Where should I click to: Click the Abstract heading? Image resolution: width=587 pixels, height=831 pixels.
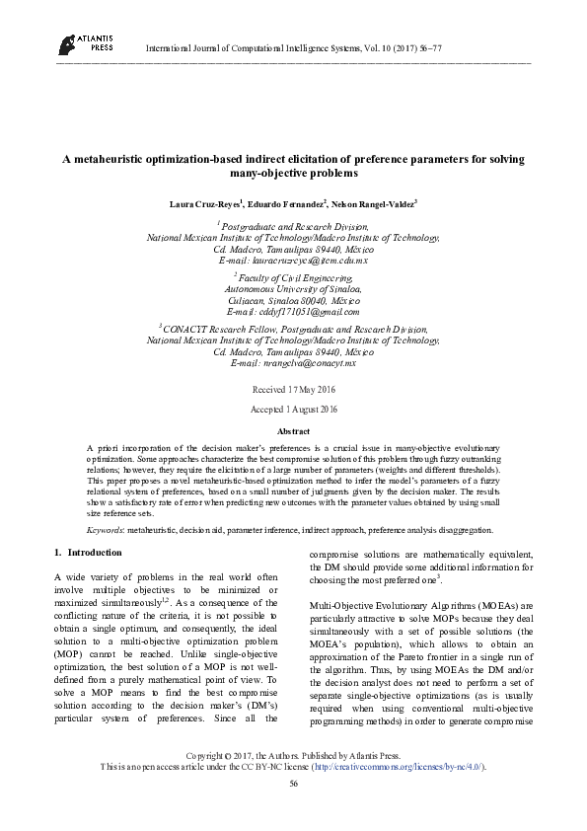click(293, 431)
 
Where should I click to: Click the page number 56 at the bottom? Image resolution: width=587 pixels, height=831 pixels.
click(293, 810)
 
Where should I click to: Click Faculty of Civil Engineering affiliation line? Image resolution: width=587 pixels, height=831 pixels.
click(293, 279)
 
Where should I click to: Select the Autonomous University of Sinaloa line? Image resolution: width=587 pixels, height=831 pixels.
click(293, 289)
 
